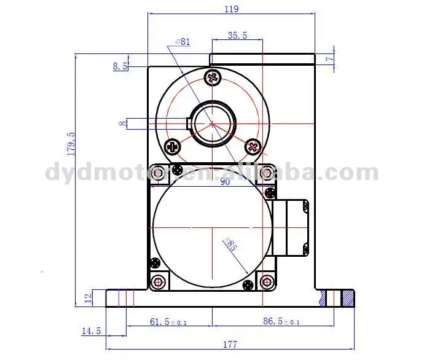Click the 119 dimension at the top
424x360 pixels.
[x=232, y=9]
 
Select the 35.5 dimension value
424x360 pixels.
[x=237, y=36]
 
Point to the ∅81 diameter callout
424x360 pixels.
[x=183, y=41]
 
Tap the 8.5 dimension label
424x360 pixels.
[x=120, y=66]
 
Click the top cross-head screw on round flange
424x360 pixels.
[x=213, y=77]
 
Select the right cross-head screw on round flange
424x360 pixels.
[x=252, y=146]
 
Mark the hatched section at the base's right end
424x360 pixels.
[x=348, y=299]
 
